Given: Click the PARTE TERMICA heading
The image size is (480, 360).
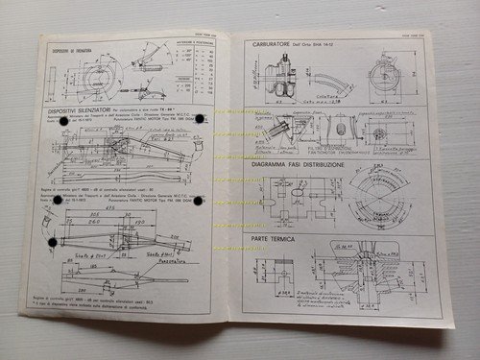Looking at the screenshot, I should pos(279,236).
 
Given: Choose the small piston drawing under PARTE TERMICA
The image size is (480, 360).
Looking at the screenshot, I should pos(284,274).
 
